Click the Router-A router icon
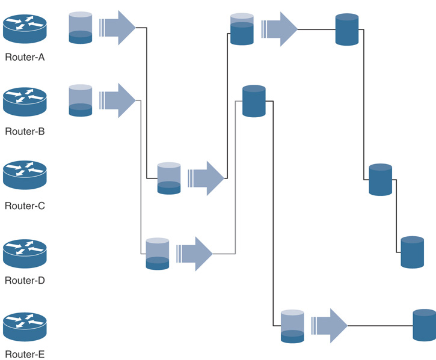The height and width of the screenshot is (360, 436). [x=25, y=28]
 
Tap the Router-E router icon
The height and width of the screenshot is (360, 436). [x=25, y=326]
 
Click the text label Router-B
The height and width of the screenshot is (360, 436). [x=25, y=131]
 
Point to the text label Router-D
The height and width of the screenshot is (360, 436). [x=25, y=280]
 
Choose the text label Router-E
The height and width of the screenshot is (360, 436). [x=25, y=354]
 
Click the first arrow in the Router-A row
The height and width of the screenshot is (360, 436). [x=118, y=27]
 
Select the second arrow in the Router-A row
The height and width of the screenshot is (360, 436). [x=280, y=29]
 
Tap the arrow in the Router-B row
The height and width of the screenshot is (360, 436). [x=118, y=100]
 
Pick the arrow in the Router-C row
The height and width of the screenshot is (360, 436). [x=206, y=178]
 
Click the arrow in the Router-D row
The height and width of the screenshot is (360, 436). [x=195, y=254]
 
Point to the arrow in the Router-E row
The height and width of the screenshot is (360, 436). [x=330, y=326]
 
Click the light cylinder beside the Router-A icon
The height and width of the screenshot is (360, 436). [x=81, y=28]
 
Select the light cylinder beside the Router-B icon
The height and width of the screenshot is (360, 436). [x=81, y=100]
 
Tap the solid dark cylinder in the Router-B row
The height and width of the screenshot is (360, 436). [x=254, y=101]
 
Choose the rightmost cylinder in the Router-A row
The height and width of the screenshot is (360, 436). [x=347, y=29]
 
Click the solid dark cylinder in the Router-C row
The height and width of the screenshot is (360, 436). [x=381, y=179]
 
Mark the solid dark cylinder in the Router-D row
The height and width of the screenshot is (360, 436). [x=413, y=252]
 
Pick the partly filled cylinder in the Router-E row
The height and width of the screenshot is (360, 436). [x=293, y=326]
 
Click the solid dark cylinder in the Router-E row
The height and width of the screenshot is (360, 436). [x=424, y=325]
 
